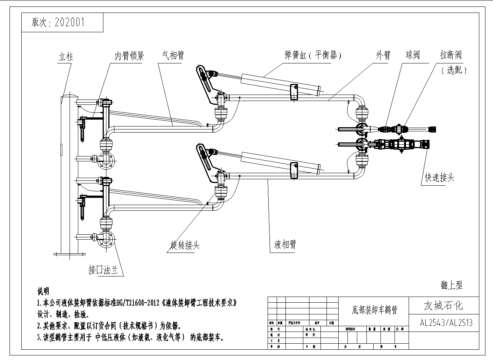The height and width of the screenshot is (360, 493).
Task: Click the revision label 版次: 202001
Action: coord(58,22)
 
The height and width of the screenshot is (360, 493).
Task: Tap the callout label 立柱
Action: coord(66,57)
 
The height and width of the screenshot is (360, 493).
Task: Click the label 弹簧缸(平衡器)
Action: coord(313,55)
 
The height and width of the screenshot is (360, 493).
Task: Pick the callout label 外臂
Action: coord(383,55)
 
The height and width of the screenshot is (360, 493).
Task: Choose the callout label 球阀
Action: coord(413,55)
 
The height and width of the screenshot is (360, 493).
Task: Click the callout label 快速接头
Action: coord(439,177)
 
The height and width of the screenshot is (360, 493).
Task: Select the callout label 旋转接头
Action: coord(185,246)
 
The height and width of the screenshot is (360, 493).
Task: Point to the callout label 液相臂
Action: coord(285,245)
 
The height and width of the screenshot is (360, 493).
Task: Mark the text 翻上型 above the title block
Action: coord(452,285)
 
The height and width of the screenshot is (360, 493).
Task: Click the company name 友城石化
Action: coord(443,306)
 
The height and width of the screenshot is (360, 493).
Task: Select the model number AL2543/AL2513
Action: coord(446,323)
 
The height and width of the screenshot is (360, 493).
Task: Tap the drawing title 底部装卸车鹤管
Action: coord(374,310)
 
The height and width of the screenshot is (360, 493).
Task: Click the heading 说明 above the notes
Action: coord(43,291)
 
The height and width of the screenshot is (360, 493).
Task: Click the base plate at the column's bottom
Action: coord(70,254)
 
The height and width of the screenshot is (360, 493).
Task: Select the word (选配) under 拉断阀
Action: coord(454,70)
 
